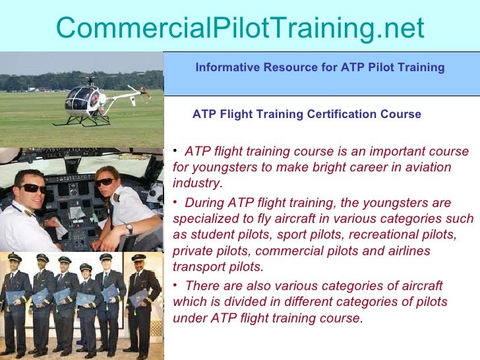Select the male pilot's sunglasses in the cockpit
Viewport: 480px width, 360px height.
coord(33,188)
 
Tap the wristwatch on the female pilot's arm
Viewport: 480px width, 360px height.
coord(129,228)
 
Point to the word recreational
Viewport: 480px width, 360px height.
coord(369,235)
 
